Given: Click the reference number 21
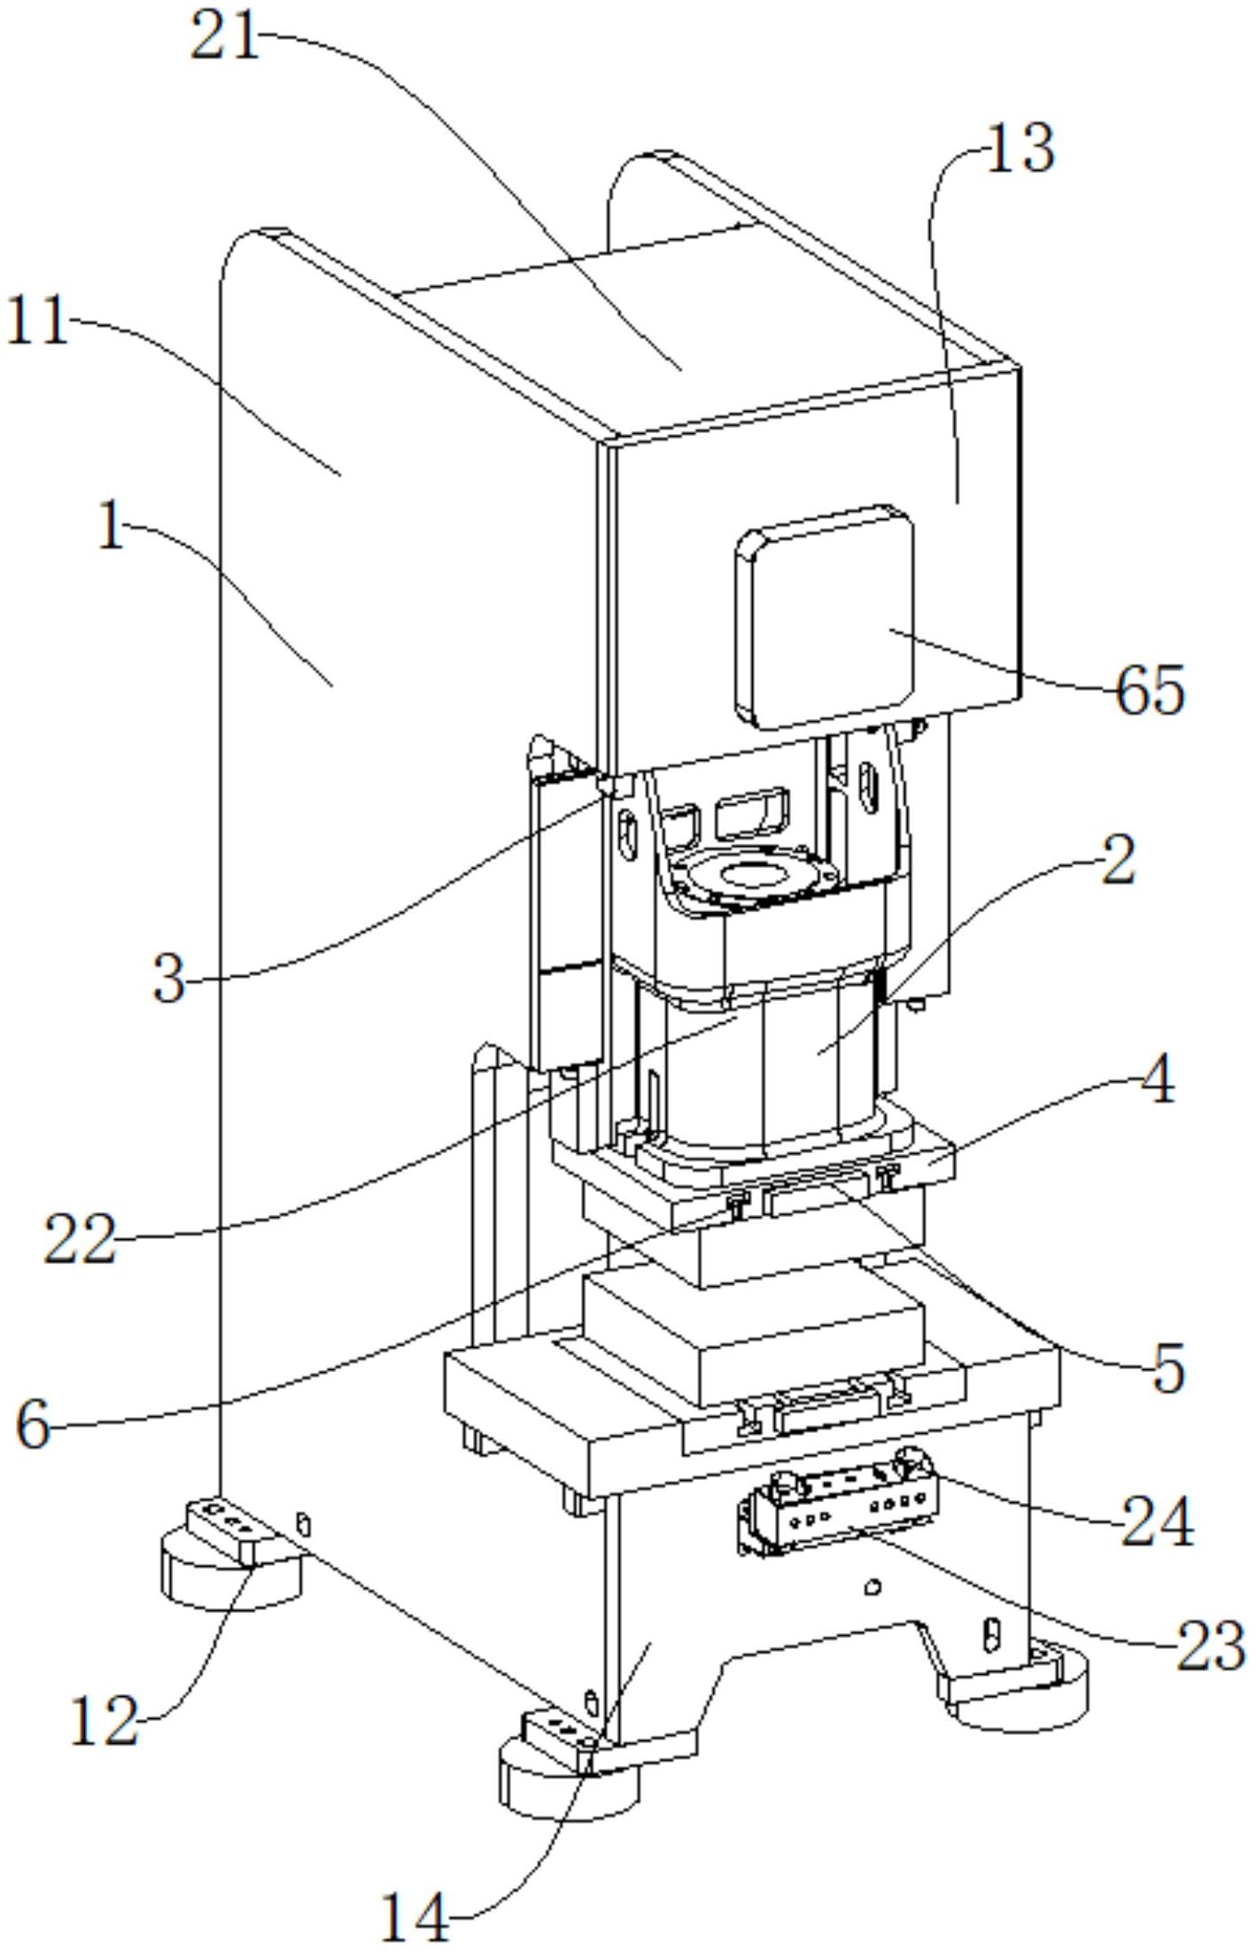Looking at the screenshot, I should pyautogui.click(x=225, y=40).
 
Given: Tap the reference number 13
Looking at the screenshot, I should pyautogui.click(x=1019, y=149).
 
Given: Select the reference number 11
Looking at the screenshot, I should pyautogui.click(x=37, y=321).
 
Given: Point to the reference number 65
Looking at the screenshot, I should pyautogui.click(x=1150, y=691).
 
